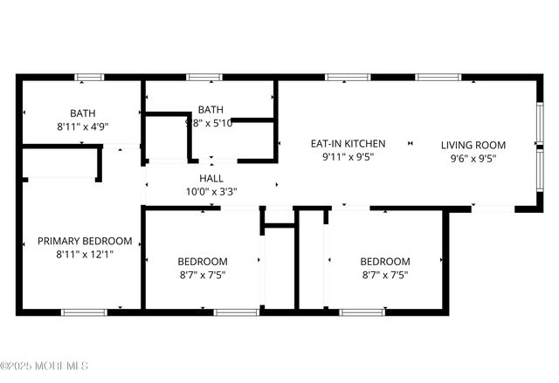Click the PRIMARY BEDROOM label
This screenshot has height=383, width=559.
tap(85, 241)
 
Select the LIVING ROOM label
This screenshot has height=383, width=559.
tap(476, 145)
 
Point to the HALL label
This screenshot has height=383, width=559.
tap(211, 178)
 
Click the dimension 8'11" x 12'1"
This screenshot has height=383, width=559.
tap(85, 255)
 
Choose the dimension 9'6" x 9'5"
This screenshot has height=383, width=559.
tap(476, 159)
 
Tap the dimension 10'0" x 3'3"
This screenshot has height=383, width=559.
tap(211, 191)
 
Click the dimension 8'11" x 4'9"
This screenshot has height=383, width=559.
tap(83, 126)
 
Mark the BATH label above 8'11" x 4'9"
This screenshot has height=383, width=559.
tap(83, 113)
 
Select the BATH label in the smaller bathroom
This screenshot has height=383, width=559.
tap(210, 109)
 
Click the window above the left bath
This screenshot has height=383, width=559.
tap(89, 77)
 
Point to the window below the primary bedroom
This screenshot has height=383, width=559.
tap(84, 311)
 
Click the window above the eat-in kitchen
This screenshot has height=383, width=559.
tap(342, 77)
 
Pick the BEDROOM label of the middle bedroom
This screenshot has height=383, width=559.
tap(203, 261)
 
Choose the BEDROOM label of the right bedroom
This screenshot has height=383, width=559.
tap(385, 261)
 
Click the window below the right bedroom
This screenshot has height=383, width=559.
tap(362, 311)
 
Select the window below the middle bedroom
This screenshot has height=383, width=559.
tap(236, 311)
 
